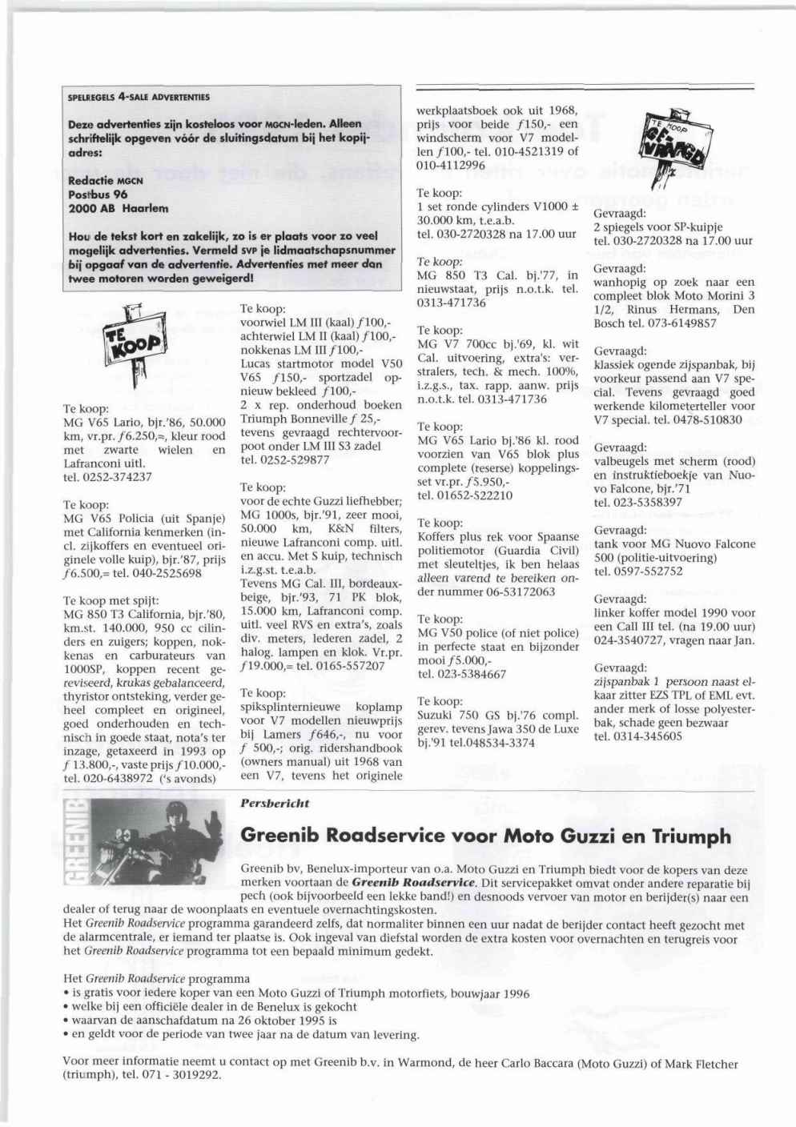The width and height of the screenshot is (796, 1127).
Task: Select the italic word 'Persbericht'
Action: pos(275,803)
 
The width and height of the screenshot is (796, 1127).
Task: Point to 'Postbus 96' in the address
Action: pos(98,195)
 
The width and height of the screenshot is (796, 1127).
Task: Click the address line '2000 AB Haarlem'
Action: pos(118,208)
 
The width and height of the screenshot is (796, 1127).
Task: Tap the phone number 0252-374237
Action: pos(118,477)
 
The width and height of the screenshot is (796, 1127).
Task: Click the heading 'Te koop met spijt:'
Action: pos(111,600)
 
